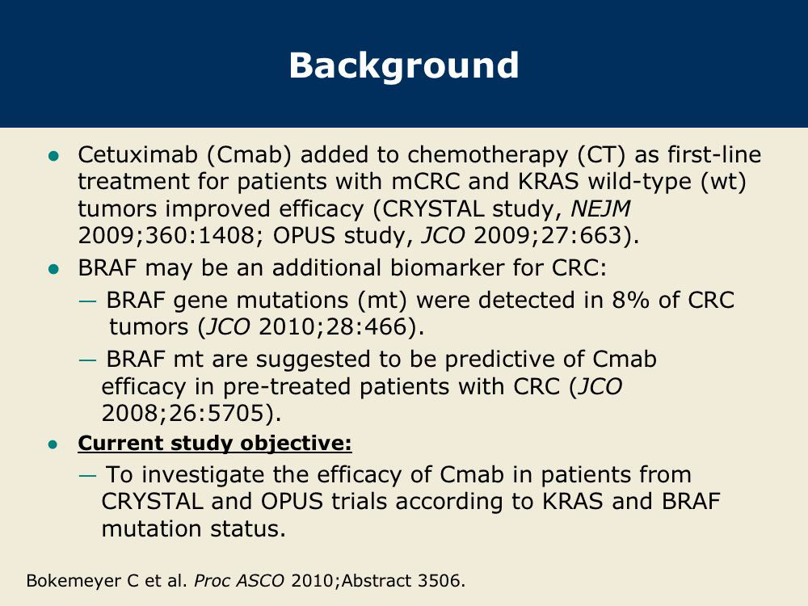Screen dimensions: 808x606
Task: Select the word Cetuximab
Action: coord(137,154)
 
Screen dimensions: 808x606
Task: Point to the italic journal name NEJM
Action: coord(600,209)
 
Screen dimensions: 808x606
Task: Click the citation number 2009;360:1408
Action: coord(166,236)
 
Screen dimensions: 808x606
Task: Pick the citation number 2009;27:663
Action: coord(547,236)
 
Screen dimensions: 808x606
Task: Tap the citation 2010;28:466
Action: coord(333,327)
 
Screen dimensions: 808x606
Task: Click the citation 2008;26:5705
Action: coord(183,413)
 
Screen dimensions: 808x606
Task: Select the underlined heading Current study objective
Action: coord(215,444)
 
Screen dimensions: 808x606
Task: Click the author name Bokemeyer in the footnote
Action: coord(76,581)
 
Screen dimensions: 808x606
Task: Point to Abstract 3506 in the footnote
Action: coord(402,581)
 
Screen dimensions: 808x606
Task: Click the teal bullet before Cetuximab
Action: coord(53,156)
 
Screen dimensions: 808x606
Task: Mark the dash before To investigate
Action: coord(87,475)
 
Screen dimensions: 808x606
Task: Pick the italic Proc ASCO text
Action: coord(238,581)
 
